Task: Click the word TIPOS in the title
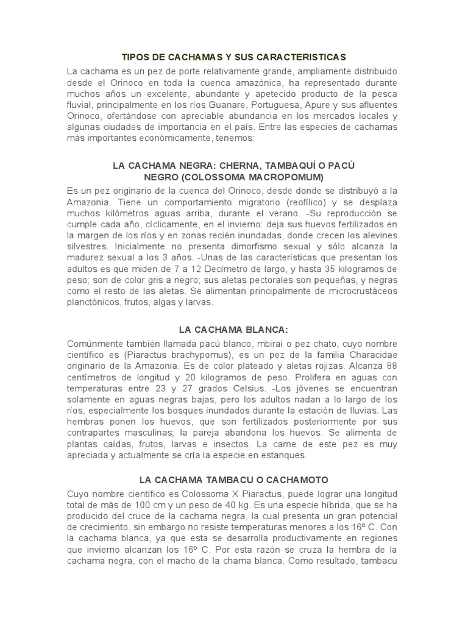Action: tap(136, 57)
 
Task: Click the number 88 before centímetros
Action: tap(391, 367)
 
